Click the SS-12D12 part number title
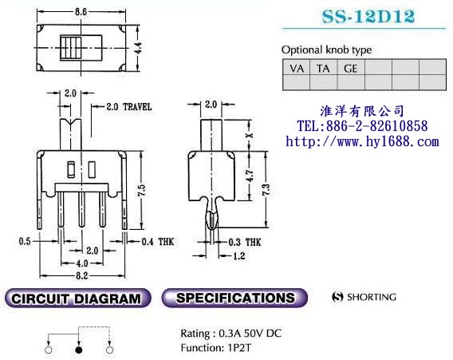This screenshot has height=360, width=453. (368, 17)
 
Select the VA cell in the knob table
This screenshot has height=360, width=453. (297, 69)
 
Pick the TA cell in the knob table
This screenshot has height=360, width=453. (323, 69)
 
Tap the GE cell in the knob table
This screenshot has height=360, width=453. (351, 69)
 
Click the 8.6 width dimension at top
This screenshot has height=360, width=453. (81, 11)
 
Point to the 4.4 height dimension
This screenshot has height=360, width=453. (139, 48)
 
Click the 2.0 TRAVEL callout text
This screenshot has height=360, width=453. (129, 107)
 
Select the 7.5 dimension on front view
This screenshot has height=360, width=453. (142, 191)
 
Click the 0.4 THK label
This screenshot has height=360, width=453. (158, 242)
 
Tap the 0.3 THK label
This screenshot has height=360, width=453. (244, 243)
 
